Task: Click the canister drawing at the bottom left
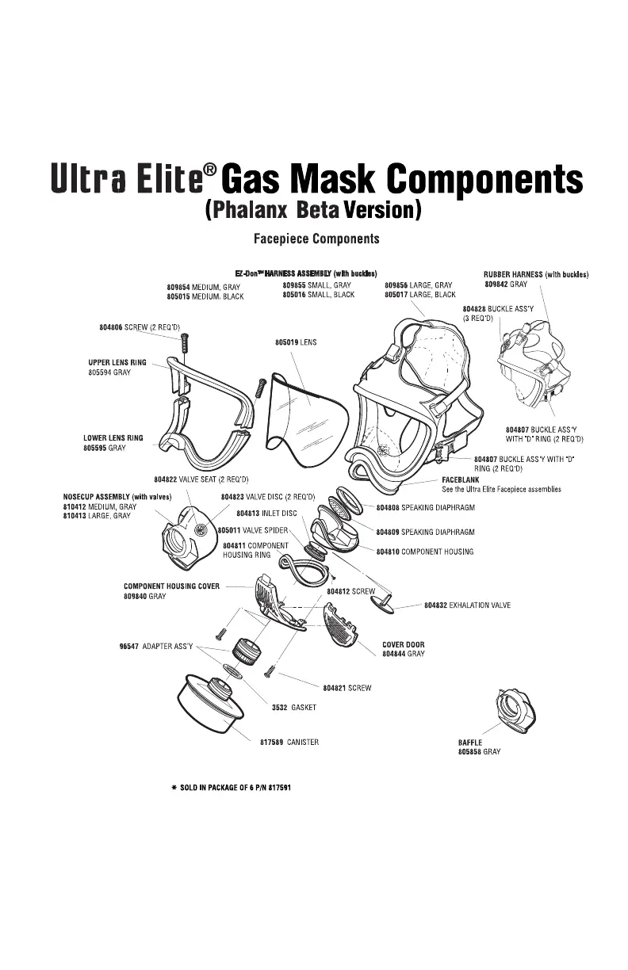(x=209, y=706)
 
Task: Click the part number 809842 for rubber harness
(x=496, y=284)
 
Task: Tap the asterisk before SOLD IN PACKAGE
(x=173, y=789)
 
